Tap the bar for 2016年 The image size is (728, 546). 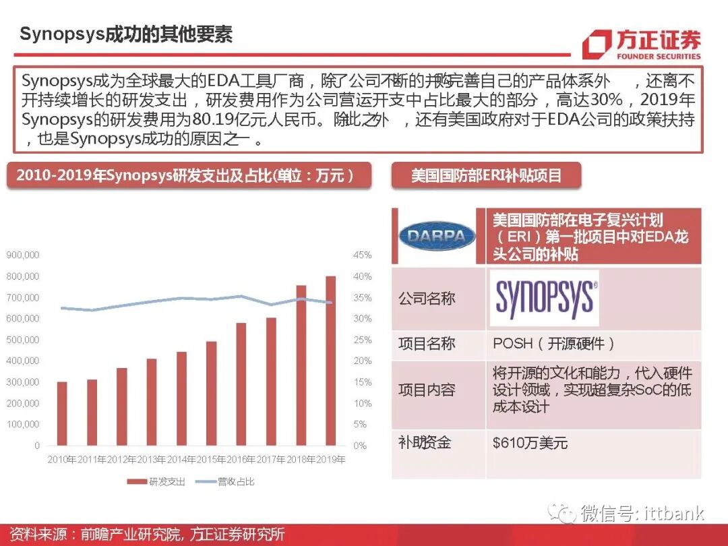(x=241, y=384)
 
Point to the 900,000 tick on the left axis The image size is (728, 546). (x=23, y=255)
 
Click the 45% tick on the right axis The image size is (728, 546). (x=362, y=255)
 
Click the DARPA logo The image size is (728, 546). (x=437, y=237)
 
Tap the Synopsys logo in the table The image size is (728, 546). (x=545, y=298)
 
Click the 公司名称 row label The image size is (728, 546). (x=427, y=299)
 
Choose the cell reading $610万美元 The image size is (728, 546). (x=530, y=443)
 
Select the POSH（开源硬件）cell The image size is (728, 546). (x=554, y=344)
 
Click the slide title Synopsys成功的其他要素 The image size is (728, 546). (x=126, y=34)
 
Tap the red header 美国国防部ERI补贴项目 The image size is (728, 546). (x=486, y=176)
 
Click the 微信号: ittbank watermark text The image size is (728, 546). (x=642, y=513)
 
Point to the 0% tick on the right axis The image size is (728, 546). (x=360, y=446)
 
